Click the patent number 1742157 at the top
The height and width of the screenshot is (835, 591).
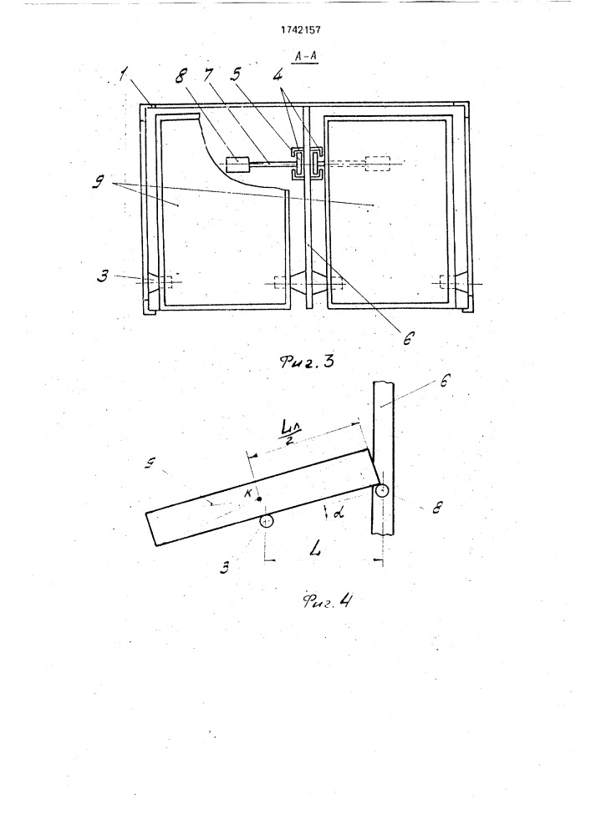300,30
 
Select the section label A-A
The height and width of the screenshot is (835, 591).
306,56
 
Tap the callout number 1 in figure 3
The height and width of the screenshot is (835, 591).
124,76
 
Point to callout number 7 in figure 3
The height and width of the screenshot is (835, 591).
208,75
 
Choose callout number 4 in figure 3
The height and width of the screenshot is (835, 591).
278,76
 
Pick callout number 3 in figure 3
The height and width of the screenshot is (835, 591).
102,276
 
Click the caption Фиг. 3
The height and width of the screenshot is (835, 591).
307,362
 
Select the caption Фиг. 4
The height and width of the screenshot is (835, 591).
327,601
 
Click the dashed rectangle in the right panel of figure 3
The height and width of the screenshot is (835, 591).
377,164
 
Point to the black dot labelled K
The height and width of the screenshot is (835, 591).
258,499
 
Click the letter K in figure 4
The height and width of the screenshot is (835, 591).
247,493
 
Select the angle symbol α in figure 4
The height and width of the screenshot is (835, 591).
339,512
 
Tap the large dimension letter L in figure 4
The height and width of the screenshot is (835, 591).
315,548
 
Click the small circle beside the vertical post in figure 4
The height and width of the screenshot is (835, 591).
381,490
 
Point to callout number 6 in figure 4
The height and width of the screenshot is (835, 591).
445,381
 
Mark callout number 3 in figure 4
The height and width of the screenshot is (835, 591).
225,568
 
